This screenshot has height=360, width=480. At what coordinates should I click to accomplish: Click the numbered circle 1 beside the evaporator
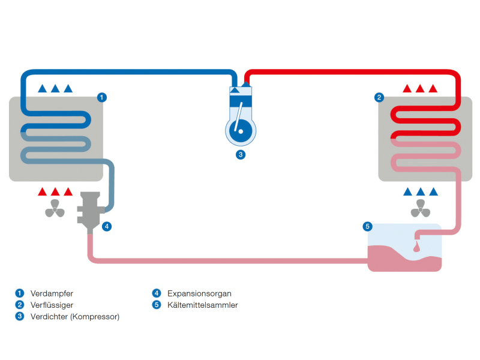pos(102,98)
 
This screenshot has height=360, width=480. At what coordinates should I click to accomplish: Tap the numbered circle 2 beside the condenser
pos(379,98)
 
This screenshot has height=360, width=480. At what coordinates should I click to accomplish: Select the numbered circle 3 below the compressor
pos(241,155)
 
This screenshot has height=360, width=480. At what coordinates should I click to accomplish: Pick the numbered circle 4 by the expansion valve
pos(107,227)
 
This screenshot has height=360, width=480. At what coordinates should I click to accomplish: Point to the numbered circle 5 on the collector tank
pos(368,227)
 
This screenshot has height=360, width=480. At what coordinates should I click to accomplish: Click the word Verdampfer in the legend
pos(52,293)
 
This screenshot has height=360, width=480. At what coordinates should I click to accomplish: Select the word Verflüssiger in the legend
pos(52,305)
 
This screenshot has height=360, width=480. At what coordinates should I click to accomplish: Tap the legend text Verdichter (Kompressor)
pos(75,317)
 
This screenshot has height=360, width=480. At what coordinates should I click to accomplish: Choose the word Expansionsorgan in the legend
pos(199,293)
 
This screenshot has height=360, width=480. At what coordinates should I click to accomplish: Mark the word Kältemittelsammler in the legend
pos(203,305)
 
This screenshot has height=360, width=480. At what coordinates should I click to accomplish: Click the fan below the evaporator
pos(55,209)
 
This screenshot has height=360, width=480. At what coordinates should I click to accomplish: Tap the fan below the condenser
pos(421,209)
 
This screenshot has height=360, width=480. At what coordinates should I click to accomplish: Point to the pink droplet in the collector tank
pos(416,247)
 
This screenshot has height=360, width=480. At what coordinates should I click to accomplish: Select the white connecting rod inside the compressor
pos(238,116)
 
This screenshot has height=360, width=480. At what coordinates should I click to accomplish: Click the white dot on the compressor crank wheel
pos(241,131)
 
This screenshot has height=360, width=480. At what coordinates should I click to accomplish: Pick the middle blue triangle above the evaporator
pos(55,88)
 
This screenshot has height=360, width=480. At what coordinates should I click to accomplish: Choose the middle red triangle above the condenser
pos(420,88)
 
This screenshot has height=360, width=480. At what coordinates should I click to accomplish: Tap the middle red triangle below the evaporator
pos(55,191)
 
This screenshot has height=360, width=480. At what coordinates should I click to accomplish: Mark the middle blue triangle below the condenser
pos(421,191)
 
